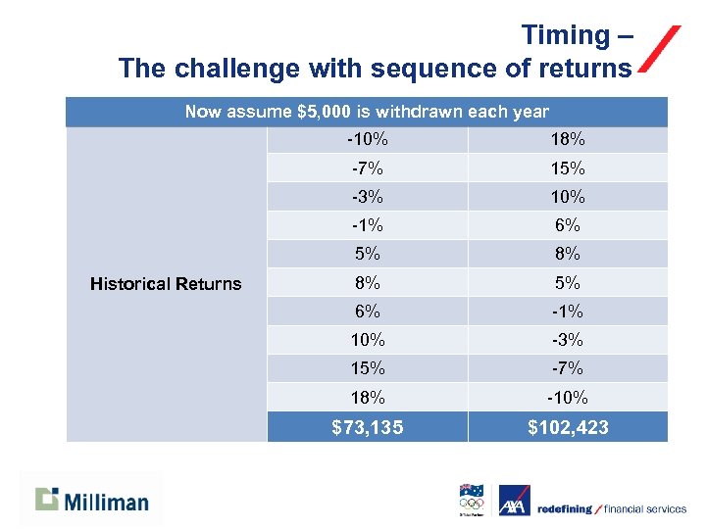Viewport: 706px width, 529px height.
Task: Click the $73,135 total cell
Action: click(x=367, y=427)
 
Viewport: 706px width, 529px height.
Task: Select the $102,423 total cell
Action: click(x=568, y=427)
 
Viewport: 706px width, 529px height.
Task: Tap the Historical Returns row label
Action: click(x=166, y=284)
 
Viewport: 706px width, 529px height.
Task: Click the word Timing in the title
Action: click(x=565, y=35)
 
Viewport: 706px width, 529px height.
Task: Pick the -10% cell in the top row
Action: click(x=367, y=139)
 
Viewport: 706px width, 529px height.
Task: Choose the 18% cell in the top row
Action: click(x=568, y=139)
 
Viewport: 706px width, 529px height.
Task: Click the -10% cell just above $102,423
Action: click(x=568, y=398)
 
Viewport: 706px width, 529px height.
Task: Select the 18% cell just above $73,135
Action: click(x=367, y=398)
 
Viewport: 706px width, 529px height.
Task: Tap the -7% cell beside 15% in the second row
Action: click(x=367, y=168)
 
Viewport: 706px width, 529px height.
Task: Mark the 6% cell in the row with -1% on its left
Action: click(x=568, y=224)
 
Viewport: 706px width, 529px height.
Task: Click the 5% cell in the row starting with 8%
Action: click(x=568, y=282)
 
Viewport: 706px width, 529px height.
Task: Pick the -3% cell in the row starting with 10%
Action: click(x=568, y=340)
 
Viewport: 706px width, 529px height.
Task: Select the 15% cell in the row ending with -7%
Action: click(x=367, y=368)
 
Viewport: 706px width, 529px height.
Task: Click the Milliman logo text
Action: click(x=107, y=503)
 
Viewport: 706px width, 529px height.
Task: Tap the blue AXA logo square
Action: click(x=514, y=501)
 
